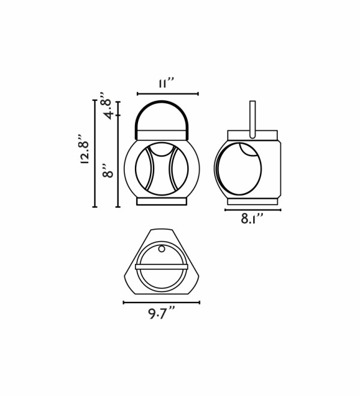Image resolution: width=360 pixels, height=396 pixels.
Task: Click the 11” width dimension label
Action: (x=166, y=83)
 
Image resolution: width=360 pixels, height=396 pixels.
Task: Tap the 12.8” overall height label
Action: (x=85, y=149)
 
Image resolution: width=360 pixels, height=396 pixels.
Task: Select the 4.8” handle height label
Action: (x=106, y=106)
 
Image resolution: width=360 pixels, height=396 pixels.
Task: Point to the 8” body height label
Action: (x=109, y=171)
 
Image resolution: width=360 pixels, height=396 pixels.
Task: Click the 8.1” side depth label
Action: (x=252, y=219)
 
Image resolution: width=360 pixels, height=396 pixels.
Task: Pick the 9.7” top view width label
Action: (x=161, y=313)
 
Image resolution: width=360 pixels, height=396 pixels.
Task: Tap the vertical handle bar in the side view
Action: (x=253, y=119)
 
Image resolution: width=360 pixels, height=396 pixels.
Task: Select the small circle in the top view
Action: (x=161, y=249)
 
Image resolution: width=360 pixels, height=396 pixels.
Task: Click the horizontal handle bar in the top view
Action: (x=161, y=267)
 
